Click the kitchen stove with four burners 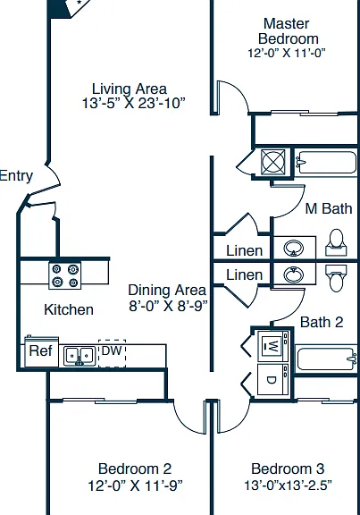(65, 276)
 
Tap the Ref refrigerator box (42, 351)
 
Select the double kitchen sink (80, 356)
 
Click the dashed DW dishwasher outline (112, 354)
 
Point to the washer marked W (273, 346)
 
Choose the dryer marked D (273, 379)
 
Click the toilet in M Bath (336, 242)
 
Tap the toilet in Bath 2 (336, 278)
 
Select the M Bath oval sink (294, 248)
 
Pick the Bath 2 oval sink (294, 274)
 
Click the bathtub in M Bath (325, 162)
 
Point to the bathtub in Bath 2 (326, 359)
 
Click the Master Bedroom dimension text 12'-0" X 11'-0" (287, 53)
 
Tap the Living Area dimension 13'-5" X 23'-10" (133, 103)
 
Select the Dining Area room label (167, 290)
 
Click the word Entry (16, 176)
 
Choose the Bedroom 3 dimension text (288, 485)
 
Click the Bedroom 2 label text (135, 469)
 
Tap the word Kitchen (69, 309)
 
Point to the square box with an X (273, 162)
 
